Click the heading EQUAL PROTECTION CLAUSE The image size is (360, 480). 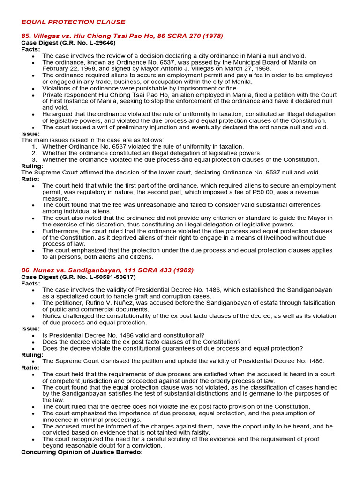[x=73, y=22]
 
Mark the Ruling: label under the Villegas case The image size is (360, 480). [x=32, y=166]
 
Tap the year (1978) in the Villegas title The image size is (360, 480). [x=213, y=36]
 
